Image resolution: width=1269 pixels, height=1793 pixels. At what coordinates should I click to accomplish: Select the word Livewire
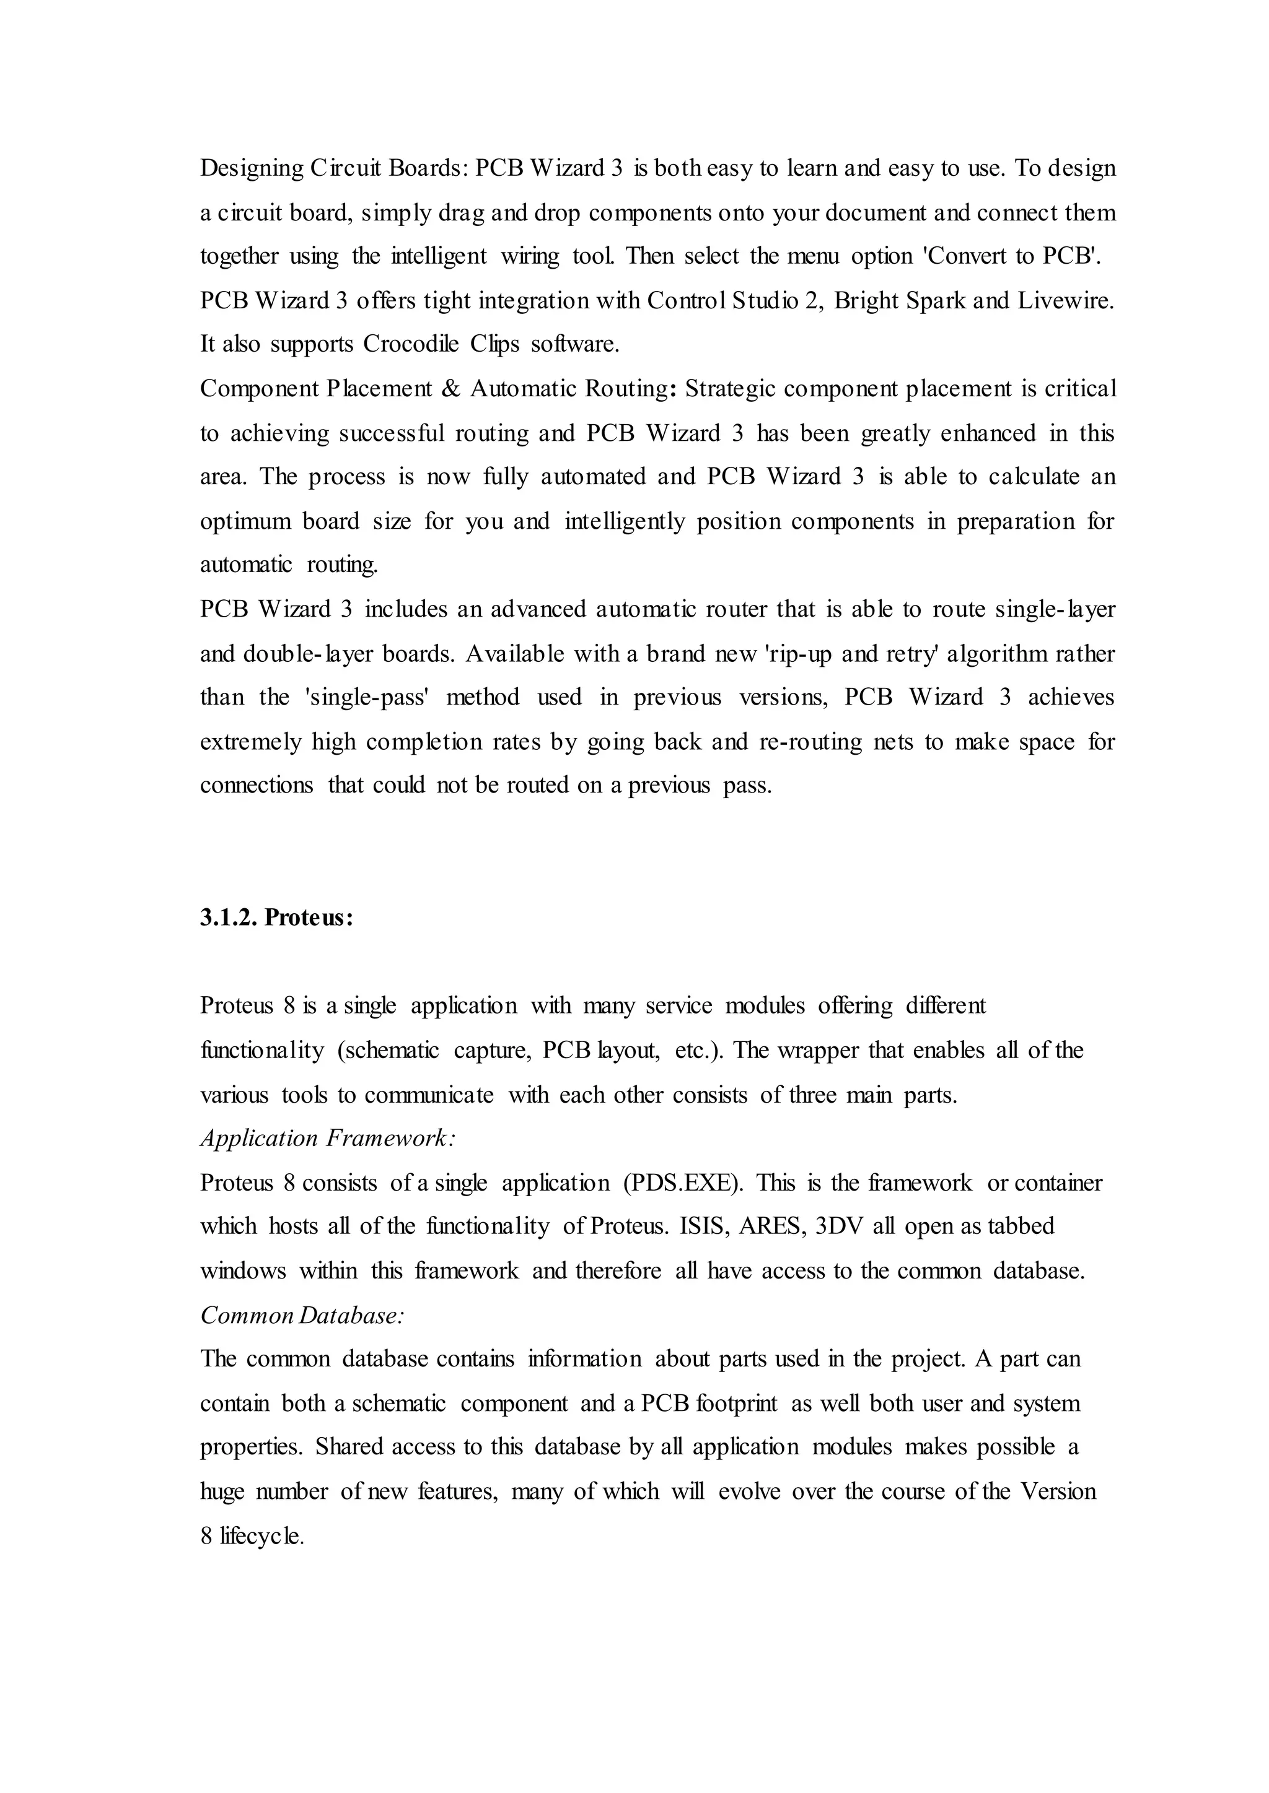pos(1066,301)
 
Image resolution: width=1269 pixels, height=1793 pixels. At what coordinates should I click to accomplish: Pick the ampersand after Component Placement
pos(451,389)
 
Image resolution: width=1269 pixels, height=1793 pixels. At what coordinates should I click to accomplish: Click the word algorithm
pos(996,653)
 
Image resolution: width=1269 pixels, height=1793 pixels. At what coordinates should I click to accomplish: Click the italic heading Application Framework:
pos(328,1139)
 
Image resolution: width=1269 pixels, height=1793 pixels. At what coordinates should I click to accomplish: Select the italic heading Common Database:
pos(302,1316)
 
